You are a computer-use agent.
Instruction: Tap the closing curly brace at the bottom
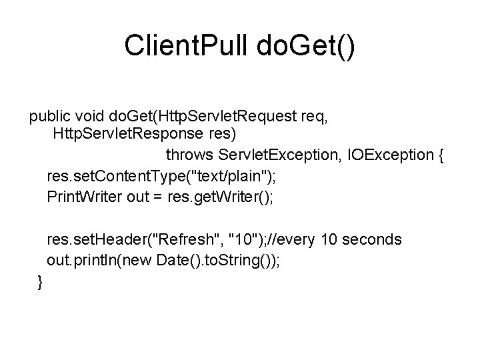pyautogui.click(x=41, y=282)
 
